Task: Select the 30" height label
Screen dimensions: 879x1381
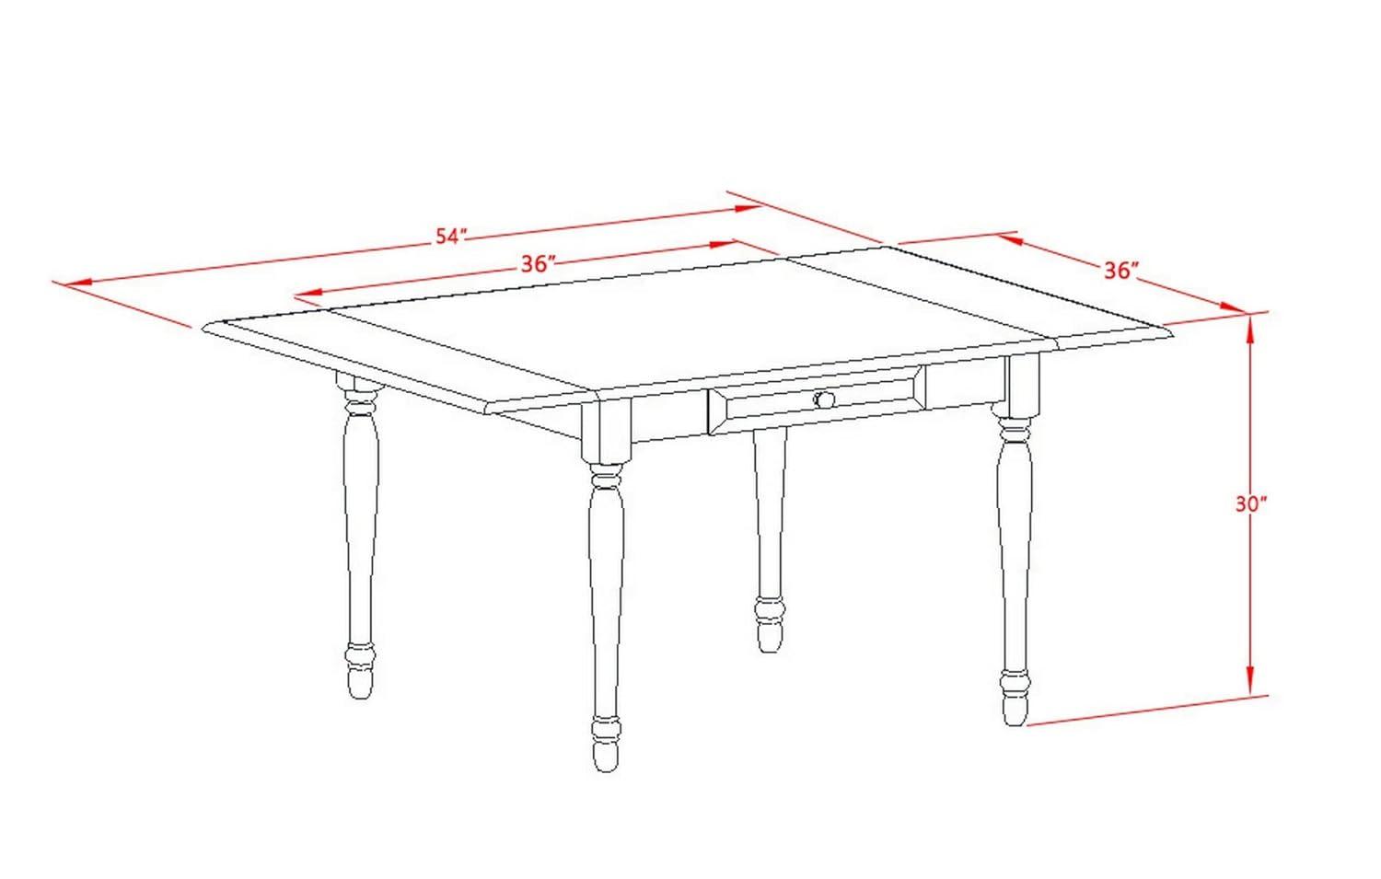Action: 1250,503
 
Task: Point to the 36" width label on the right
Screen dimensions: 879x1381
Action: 1121,270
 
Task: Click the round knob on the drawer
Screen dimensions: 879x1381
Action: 824,399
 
